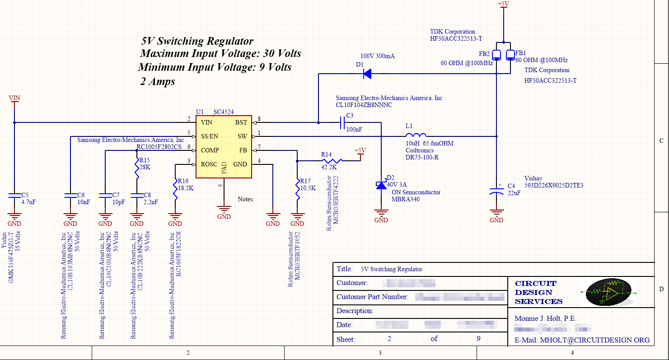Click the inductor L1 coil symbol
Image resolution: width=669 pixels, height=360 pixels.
pos(416,135)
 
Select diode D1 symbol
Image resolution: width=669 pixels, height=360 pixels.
pos(367,74)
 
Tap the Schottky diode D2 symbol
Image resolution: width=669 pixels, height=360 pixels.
pos(381,184)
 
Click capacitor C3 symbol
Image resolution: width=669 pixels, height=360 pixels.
pos(342,122)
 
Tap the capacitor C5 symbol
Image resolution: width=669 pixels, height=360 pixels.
pos(14,195)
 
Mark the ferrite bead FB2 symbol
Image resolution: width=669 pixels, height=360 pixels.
pos(496,55)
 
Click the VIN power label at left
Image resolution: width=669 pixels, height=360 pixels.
pos(14,98)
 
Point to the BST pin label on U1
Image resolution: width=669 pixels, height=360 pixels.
pos(241,122)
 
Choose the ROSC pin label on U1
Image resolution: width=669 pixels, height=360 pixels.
pos(209,164)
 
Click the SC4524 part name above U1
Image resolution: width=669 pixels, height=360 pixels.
pos(224,112)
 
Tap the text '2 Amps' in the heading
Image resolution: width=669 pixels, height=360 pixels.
pos(158,82)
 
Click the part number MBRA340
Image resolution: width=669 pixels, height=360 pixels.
pos(405,199)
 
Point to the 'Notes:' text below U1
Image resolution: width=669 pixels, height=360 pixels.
pos(246,199)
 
